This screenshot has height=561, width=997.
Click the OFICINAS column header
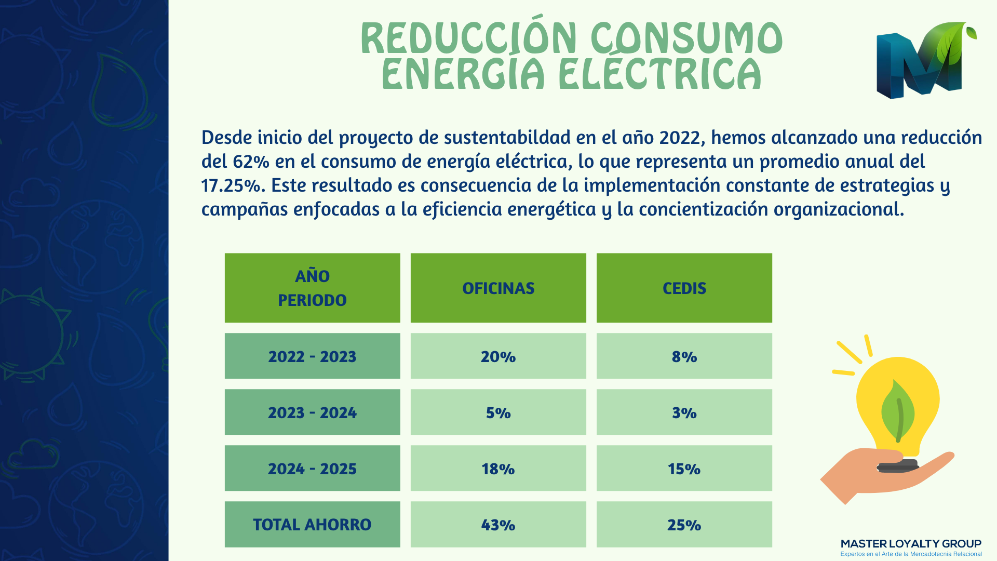pos(498,288)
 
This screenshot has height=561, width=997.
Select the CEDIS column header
pos(684,288)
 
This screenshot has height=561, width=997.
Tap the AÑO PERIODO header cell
pos(312,288)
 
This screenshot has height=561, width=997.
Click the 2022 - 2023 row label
pos(312,356)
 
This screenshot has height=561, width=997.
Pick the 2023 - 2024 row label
pos(312,412)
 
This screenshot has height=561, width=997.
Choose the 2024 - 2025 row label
pos(312,468)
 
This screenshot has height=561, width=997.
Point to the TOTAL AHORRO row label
pos(312,524)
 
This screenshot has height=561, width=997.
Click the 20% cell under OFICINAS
pos(498,356)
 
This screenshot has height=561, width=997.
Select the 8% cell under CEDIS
pos(684,356)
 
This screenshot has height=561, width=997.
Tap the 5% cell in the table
pos(498,412)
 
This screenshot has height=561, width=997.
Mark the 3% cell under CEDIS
pos(684,412)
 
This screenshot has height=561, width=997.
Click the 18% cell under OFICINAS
pos(498,468)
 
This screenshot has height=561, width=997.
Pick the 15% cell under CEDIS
pos(684,468)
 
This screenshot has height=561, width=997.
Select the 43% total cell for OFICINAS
pos(498,524)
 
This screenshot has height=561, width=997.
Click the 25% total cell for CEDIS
pos(684,524)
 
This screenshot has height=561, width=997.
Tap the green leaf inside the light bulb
pos(898,410)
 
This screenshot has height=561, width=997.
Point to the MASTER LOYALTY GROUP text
pos(911,544)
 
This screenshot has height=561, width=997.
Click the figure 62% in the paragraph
pos(251,162)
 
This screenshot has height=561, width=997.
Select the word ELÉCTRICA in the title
pos(660,73)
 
